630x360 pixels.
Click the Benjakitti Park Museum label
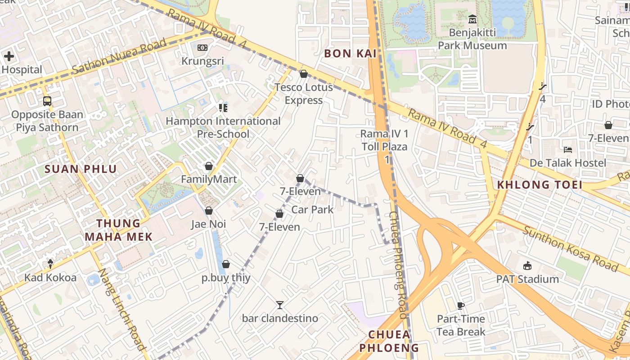[x=472, y=39]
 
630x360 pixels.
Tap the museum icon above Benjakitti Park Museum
[x=472, y=19]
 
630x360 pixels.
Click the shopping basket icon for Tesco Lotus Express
[x=304, y=74]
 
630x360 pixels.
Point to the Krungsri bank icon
[x=202, y=48]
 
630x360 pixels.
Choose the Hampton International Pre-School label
[x=223, y=127]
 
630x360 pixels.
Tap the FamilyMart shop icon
[x=208, y=166]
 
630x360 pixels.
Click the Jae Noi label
[x=208, y=224]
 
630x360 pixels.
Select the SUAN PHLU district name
[x=81, y=169]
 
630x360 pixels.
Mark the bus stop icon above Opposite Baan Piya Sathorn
[x=47, y=101]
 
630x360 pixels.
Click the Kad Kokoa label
[x=50, y=278]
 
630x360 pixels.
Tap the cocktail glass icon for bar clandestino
[x=280, y=305]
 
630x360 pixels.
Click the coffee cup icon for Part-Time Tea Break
[x=461, y=306]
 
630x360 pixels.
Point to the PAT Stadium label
[x=527, y=279]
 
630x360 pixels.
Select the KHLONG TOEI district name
[x=540, y=184]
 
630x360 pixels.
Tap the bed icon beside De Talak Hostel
[x=568, y=149]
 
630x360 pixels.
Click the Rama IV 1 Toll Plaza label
[x=385, y=140]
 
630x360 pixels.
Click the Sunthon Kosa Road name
[x=571, y=248]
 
